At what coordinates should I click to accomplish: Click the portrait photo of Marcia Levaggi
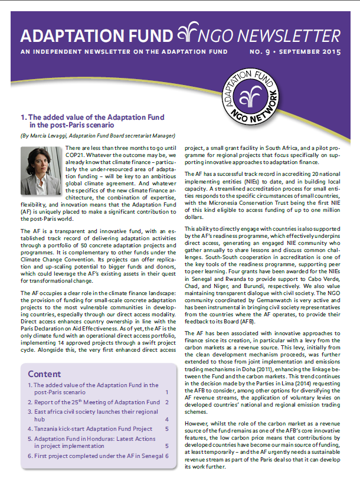click(38, 171)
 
